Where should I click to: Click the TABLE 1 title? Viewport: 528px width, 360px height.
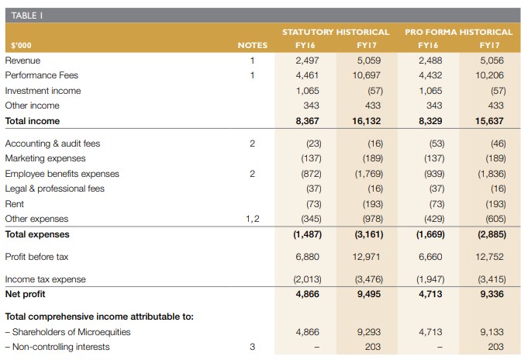pyautogui.click(x=27, y=16)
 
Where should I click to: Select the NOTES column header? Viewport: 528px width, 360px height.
pyautogui.click(x=253, y=45)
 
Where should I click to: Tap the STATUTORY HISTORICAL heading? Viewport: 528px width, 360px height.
pyautogui.click(x=336, y=32)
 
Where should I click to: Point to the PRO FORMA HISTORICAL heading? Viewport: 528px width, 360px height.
pyautogui.click(x=459, y=32)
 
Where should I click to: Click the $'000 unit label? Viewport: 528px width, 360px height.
pyautogui.click(x=21, y=45)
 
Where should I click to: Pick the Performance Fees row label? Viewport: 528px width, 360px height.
pyautogui.click(x=41, y=75)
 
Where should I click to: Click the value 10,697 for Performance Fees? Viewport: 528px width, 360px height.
pyautogui.click(x=367, y=75)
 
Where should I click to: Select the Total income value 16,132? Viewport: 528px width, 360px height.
pyautogui.click(x=367, y=121)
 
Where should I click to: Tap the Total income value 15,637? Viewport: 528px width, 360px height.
pyautogui.click(x=489, y=121)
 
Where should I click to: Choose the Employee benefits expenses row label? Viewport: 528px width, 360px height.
pyautogui.click(x=62, y=174)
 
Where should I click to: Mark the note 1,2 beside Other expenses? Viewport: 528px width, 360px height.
pyautogui.click(x=253, y=219)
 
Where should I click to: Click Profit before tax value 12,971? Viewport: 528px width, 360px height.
pyautogui.click(x=367, y=257)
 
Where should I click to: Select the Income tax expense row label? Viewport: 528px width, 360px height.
pyautogui.click(x=46, y=279)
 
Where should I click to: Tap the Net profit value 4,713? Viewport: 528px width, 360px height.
pyautogui.click(x=430, y=294)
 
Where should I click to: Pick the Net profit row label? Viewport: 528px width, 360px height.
pyautogui.click(x=26, y=294)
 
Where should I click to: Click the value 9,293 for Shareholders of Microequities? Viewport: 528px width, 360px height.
pyautogui.click(x=369, y=332)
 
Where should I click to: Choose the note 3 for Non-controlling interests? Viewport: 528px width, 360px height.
pyautogui.click(x=252, y=347)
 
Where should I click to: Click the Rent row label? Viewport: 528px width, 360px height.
pyautogui.click(x=15, y=204)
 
